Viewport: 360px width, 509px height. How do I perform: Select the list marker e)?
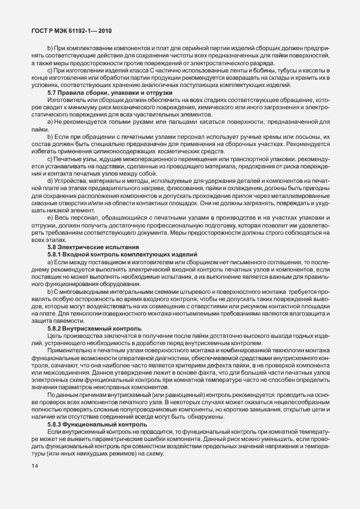50,216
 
